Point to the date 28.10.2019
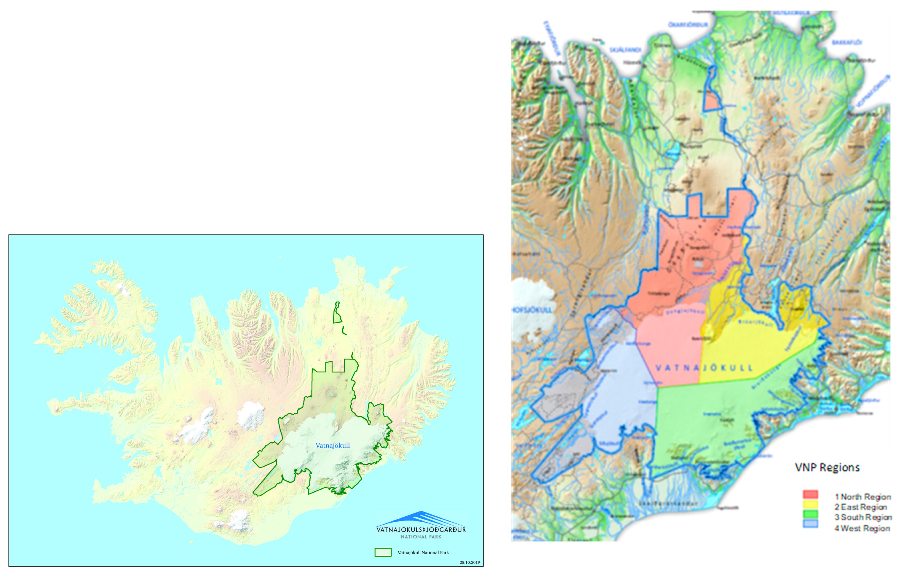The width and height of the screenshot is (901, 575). pos(470,562)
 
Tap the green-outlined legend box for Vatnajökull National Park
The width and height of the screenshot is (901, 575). pos(383,552)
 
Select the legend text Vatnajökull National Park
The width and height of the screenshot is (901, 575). pos(423,552)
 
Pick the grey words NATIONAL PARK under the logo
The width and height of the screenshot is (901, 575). pos(421,537)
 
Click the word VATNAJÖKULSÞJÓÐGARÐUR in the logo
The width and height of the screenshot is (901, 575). pos(421,530)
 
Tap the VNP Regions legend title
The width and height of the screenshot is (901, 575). pos(827,468)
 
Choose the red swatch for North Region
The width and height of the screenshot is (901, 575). pos(810,495)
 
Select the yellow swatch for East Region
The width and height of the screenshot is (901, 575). pos(810,505)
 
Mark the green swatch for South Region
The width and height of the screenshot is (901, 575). pos(810,515)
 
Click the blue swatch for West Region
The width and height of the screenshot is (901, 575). pos(810,524)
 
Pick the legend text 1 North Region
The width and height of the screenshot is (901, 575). pos(863,497)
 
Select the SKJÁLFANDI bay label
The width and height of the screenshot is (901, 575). pos(625,50)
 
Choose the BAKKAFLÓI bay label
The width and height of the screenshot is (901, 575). pos(847,42)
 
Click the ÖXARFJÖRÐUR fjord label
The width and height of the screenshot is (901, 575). pos(688,25)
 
